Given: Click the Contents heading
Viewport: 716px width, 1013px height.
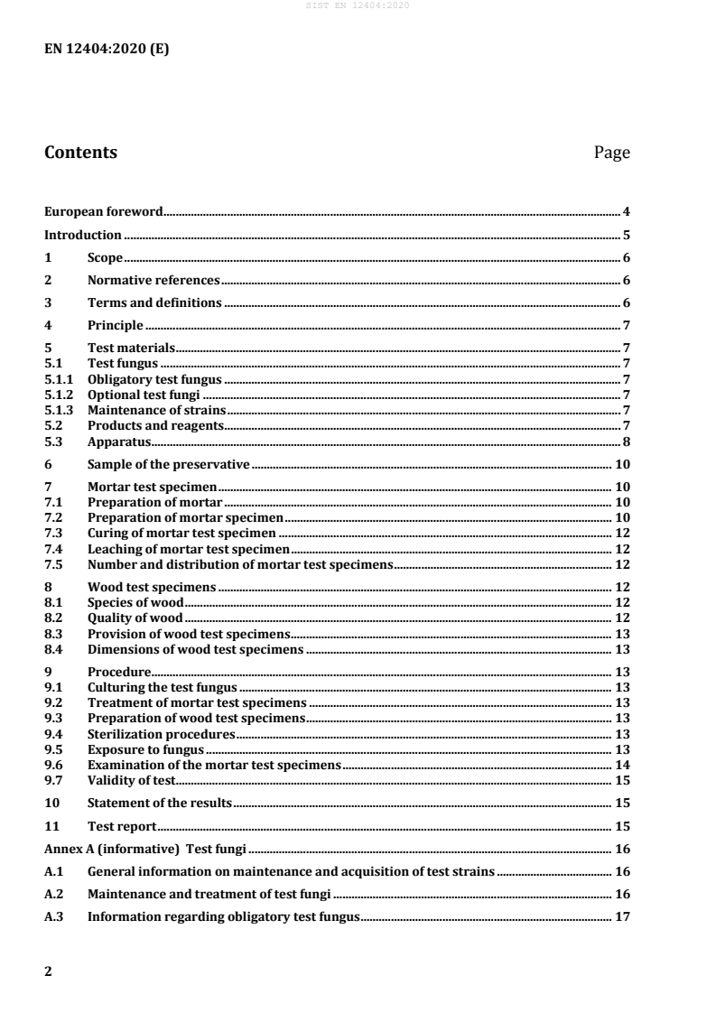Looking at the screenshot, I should [x=80, y=153].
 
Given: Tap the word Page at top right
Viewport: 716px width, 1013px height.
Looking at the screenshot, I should [x=611, y=153].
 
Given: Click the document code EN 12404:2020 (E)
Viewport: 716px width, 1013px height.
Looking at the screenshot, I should [x=107, y=50].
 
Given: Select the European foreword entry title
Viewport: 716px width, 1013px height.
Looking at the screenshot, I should [x=104, y=212].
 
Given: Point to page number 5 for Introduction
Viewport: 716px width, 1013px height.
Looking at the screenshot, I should [x=626, y=235].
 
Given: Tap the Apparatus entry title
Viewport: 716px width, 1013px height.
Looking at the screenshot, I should [x=118, y=441].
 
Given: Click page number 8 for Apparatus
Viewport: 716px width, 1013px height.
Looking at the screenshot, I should [x=626, y=441].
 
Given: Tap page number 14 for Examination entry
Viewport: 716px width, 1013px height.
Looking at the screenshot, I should [x=622, y=765].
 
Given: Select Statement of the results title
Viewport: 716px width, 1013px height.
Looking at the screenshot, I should [x=159, y=803].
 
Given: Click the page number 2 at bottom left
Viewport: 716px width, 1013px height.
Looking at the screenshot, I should [x=49, y=971].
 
